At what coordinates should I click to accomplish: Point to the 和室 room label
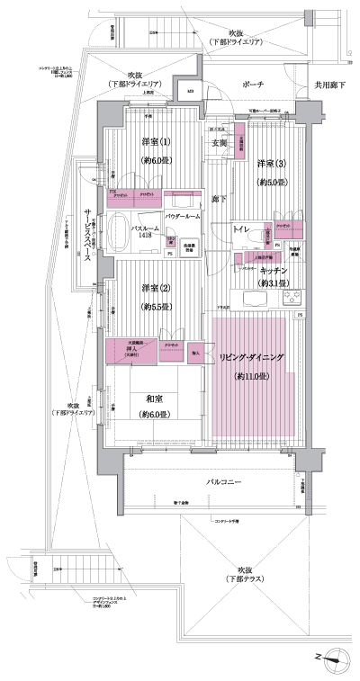(x=149, y=399)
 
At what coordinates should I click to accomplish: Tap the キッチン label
(x=273, y=270)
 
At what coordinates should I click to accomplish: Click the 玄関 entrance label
(x=219, y=142)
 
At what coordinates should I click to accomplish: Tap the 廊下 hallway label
(x=218, y=198)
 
